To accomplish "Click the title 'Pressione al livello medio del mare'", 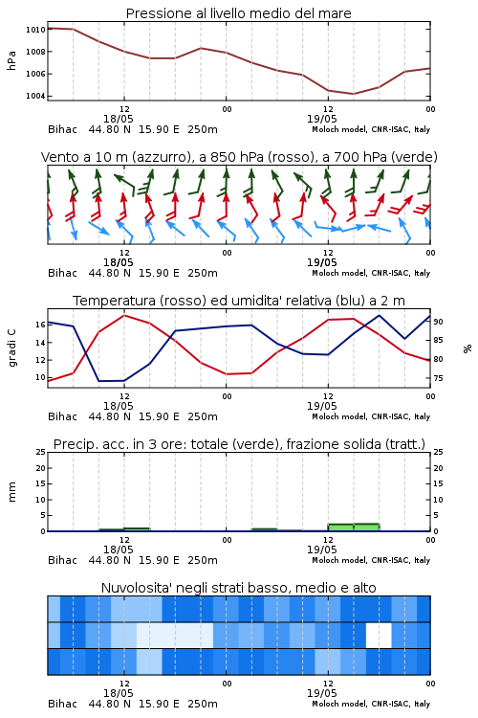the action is coord(239,13).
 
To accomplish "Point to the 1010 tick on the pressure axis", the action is coord(35,30).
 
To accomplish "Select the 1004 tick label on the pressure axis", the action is coord(35,96).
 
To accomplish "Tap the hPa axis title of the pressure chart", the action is coord(11,61).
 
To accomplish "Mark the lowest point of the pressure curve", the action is coord(353,94).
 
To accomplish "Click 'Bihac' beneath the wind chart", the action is coord(63,273).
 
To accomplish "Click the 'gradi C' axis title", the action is coord(12,348).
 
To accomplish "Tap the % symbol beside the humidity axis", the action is coord(467,348).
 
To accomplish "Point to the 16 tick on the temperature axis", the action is coord(41,325).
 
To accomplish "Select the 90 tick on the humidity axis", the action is coord(438,322).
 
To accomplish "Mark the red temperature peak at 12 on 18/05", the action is coord(124,315).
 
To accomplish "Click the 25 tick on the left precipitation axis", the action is coord(41,452).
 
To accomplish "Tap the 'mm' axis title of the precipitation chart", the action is coord(12,492).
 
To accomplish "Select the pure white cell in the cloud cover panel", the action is coord(379,635).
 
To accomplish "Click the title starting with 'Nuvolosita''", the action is coord(239,588).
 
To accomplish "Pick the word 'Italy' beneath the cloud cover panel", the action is coord(423,704).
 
